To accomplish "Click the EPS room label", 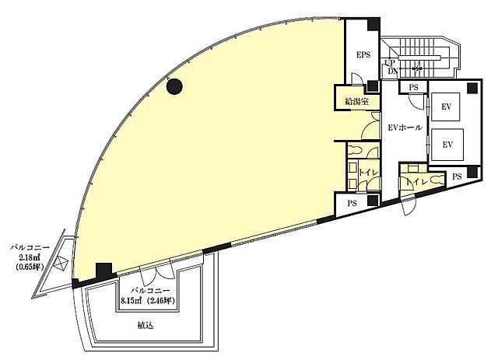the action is [x=363, y=54].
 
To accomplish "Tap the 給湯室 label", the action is [x=357, y=102].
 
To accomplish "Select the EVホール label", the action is [x=405, y=128].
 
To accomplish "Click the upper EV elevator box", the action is [x=446, y=107].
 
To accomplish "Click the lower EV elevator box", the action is [x=447, y=145].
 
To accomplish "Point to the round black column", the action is [x=174, y=86].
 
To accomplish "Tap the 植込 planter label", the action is [x=146, y=325].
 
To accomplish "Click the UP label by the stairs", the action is [x=390, y=62].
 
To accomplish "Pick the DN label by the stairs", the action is [x=392, y=71].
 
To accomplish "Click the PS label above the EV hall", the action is [x=413, y=87].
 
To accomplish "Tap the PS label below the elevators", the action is [x=457, y=177].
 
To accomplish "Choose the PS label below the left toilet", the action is [x=352, y=203].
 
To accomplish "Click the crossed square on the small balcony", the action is [x=61, y=263].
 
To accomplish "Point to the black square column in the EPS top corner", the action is [x=373, y=24].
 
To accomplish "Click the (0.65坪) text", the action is [x=30, y=267].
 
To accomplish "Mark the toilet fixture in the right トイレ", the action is [x=438, y=180].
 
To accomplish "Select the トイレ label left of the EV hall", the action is [x=368, y=173].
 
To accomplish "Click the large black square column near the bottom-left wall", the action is [x=104, y=271].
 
